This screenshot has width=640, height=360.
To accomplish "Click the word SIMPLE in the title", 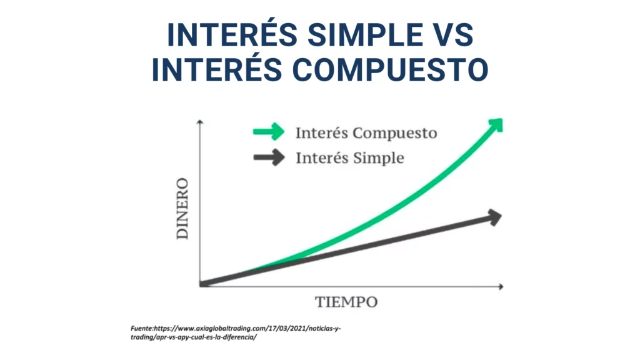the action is [x=365, y=35].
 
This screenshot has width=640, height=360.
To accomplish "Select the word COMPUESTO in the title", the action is [x=390, y=69].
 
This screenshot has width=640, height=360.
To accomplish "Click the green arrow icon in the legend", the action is [x=269, y=131].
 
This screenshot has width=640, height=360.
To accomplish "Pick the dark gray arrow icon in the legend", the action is [x=269, y=157].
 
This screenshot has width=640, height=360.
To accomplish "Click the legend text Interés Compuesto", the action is [x=366, y=133].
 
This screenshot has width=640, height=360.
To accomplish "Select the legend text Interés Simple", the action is [x=350, y=158].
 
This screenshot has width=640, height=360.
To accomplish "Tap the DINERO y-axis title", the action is [x=182, y=209].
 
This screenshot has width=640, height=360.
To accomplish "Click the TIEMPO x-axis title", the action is [x=346, y=302].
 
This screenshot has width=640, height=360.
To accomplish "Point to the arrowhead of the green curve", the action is [x=496, y=125].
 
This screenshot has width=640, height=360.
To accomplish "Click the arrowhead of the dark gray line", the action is [x=494, y=217].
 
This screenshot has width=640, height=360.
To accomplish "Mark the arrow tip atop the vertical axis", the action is [x=199, y=121].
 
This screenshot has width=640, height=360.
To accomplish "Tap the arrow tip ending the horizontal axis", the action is [x=502, y=286].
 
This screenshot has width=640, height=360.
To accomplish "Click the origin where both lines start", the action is [x=201, y=284].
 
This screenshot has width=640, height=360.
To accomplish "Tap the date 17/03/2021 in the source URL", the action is [x=286, y=328].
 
